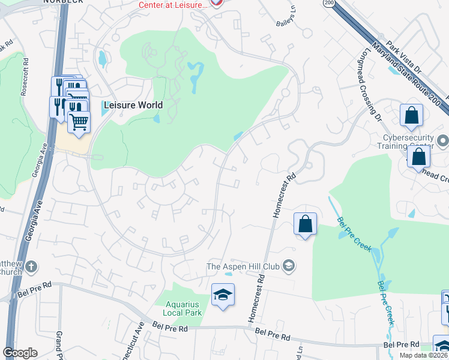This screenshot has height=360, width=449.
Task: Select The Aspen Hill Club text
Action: coord(244,266)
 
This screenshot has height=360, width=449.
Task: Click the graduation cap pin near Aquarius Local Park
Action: coord(223,295)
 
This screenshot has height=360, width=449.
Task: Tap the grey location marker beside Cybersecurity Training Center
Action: coord(443,142)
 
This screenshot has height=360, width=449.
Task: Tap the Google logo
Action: coord(20,353)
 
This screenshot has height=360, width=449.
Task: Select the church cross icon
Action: coord(31,266)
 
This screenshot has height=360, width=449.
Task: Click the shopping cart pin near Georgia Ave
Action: coord(79,122)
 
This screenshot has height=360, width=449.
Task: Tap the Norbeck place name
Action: coord(62,2)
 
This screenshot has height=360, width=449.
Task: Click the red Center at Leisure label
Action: coord(173,4)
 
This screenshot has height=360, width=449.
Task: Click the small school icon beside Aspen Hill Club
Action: coord(289,266)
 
